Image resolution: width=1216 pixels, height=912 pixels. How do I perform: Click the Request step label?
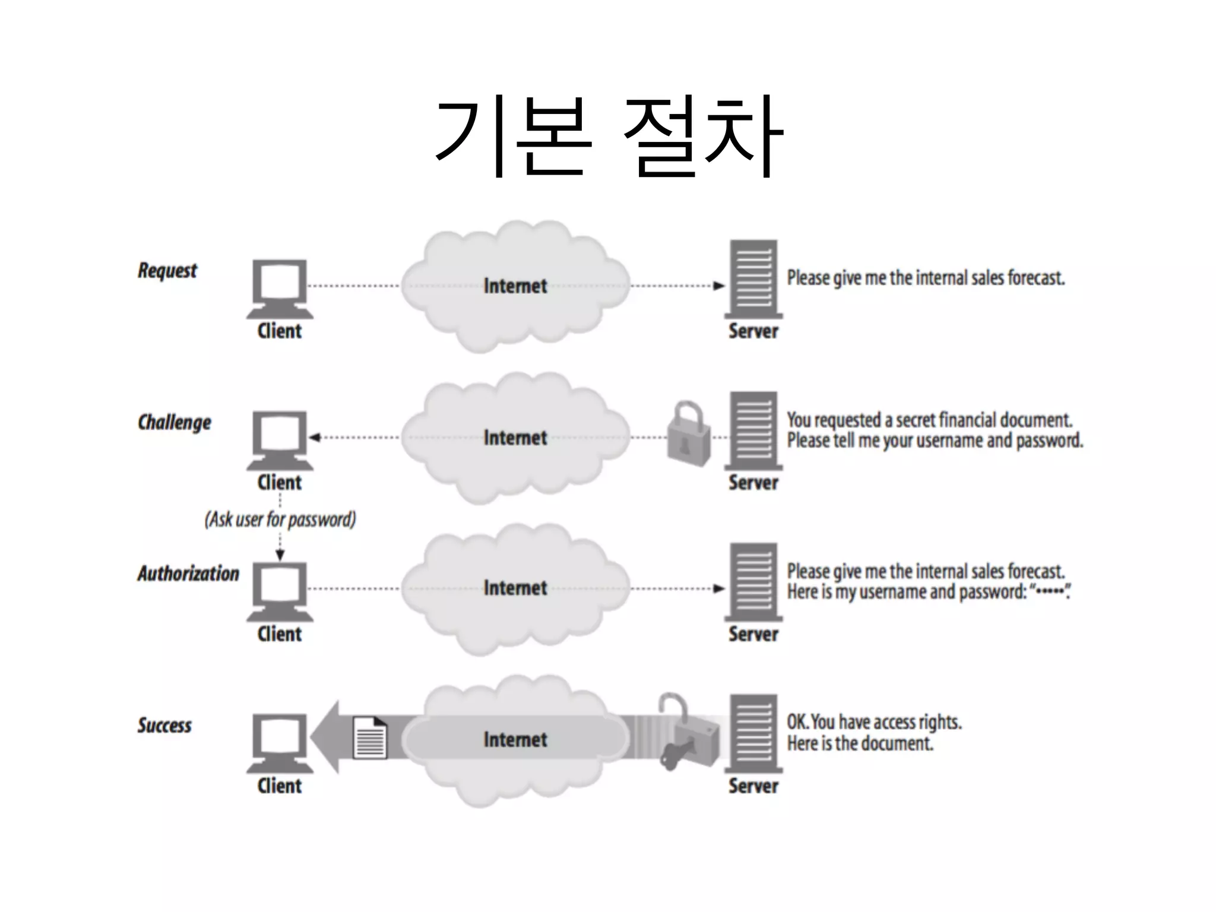[167, 271]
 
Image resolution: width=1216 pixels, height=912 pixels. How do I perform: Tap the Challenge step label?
[174, 422]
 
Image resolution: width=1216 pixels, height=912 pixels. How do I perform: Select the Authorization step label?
[188, 574]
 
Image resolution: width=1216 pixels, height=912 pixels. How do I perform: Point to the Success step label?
[164, 725]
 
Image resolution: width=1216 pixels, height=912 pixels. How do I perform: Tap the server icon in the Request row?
[753, 279]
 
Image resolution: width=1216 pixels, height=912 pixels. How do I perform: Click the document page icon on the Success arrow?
[369, 737]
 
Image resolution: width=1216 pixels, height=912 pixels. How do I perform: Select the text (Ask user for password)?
[280, 520]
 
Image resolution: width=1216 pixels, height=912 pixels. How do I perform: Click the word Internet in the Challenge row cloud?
[515, 438]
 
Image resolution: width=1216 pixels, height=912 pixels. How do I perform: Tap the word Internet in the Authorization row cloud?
[515, 588]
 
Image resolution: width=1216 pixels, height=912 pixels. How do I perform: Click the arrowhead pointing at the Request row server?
[719, 286]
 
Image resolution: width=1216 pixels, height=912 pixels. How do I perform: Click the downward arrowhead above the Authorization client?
[280, 555]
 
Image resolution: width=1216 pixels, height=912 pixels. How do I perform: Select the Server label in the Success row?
[753, 786]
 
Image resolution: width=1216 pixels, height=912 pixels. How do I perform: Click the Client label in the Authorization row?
[280, 634]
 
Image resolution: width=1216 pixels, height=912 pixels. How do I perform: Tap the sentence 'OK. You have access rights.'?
[874, 722]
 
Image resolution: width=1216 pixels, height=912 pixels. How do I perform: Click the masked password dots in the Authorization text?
[1049, 591]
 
